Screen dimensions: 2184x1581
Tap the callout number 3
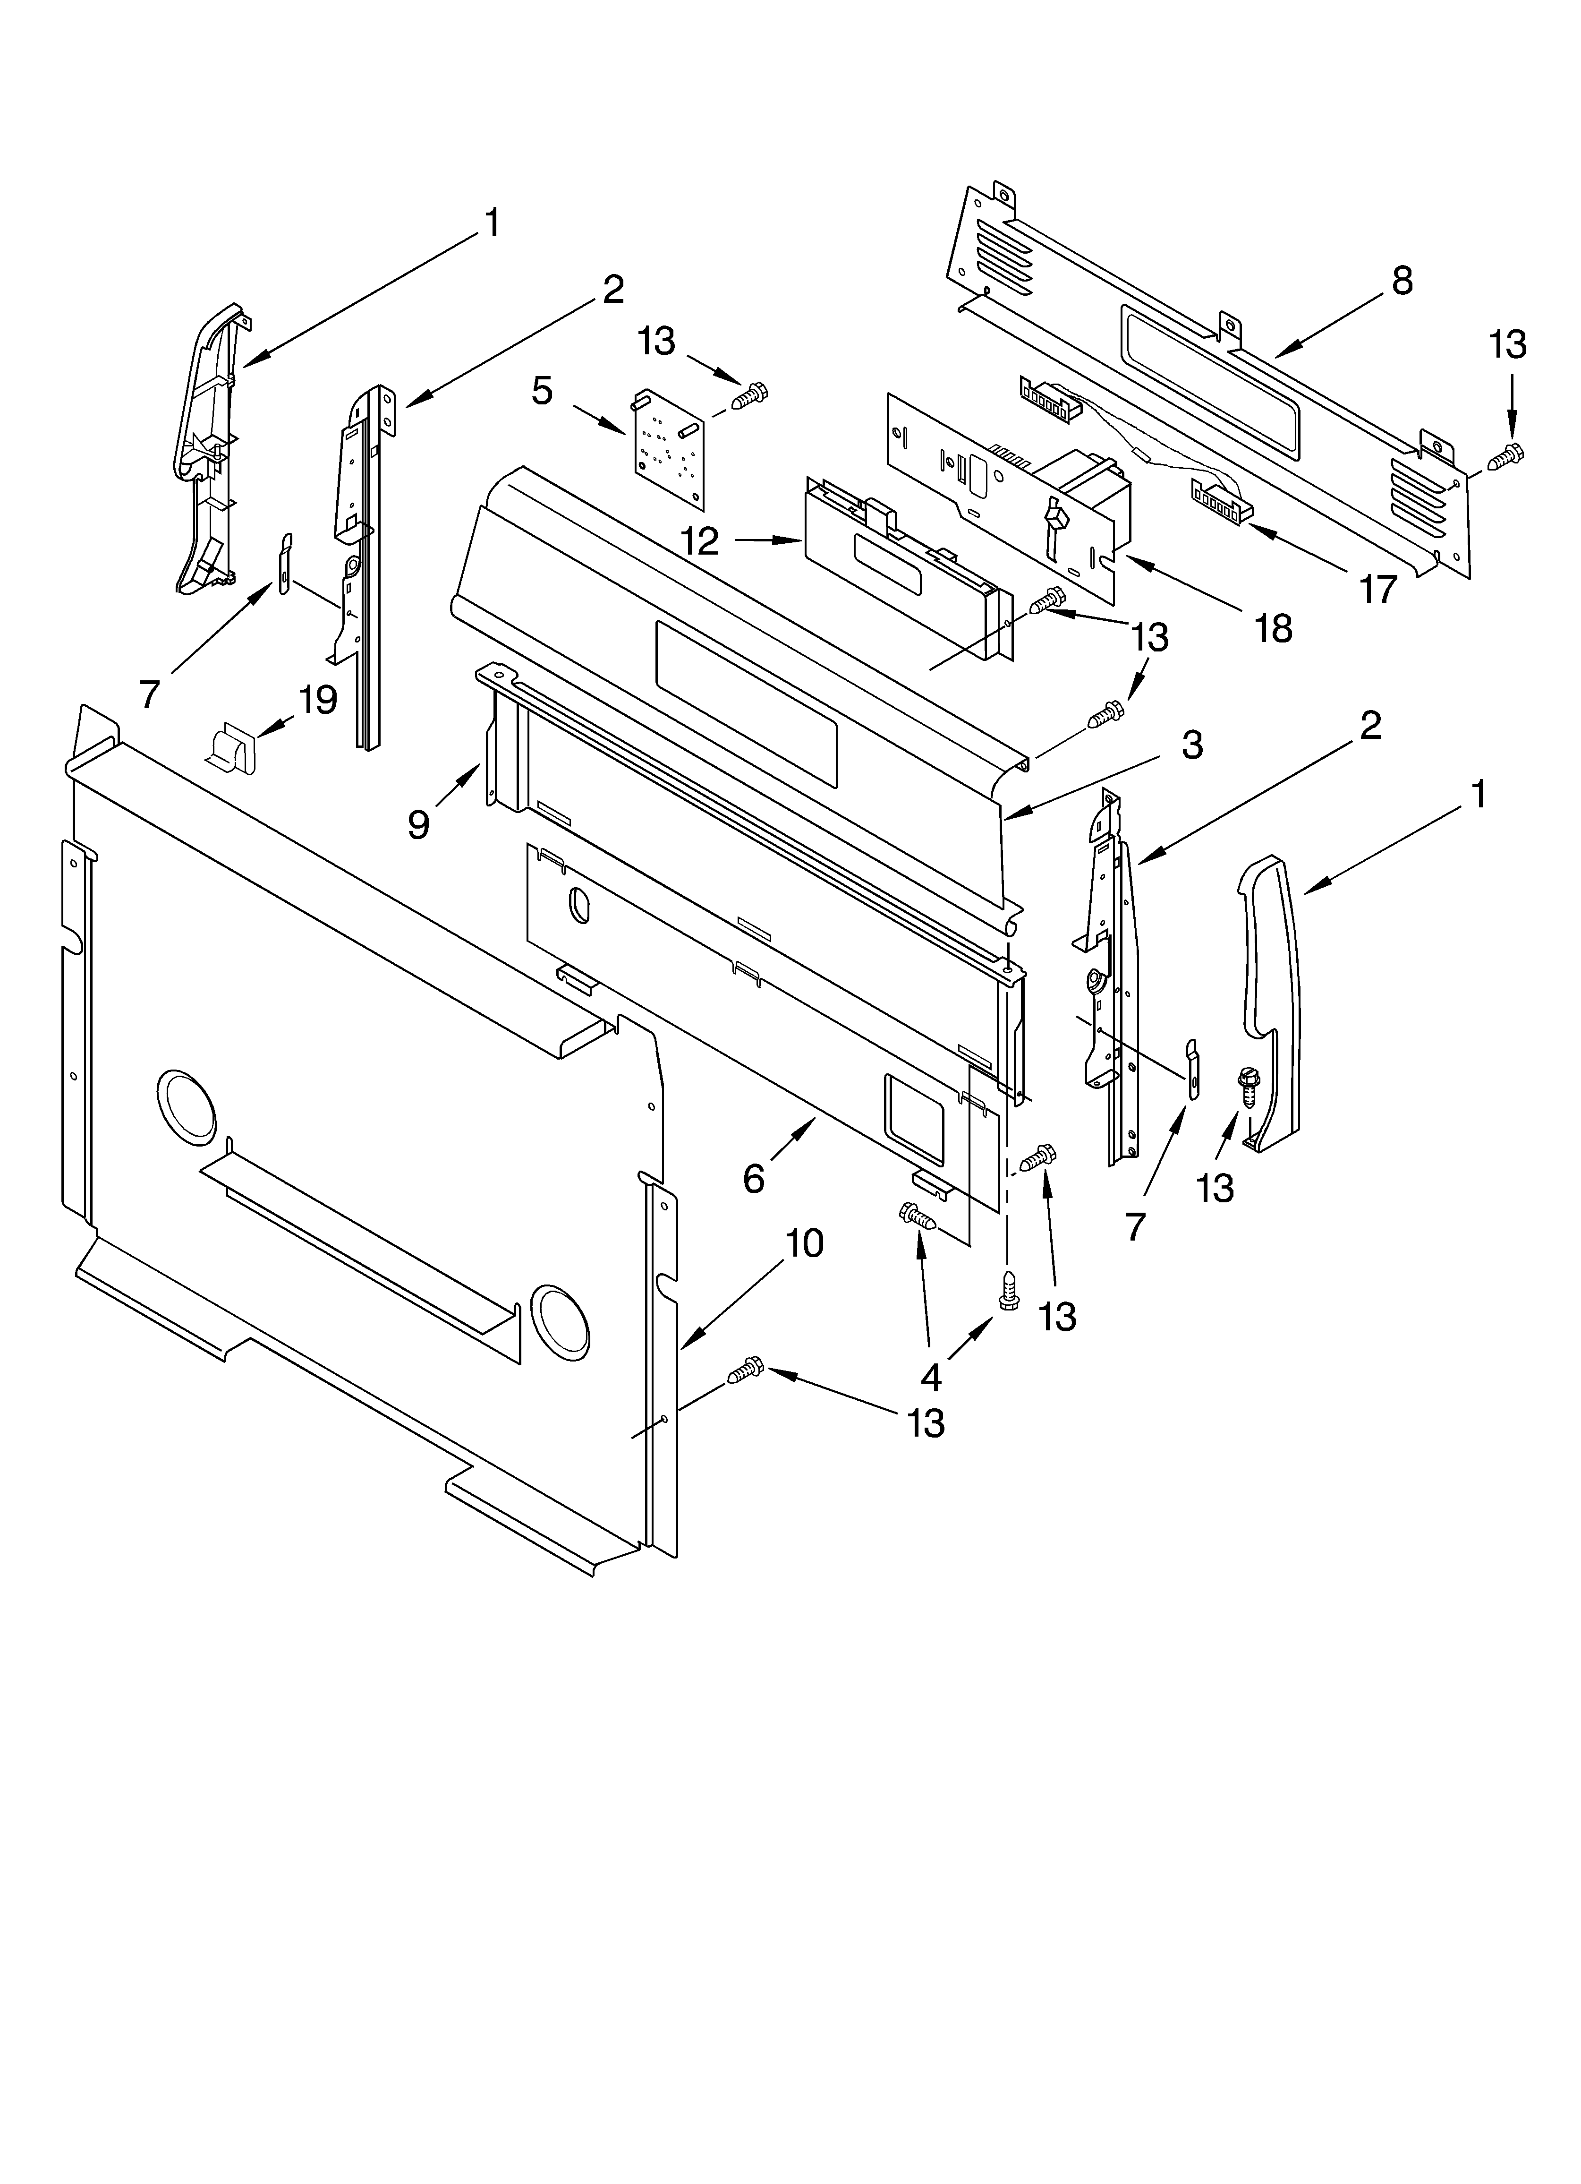[x=1192, y=745]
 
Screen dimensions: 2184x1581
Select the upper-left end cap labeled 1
[x=210, y=448]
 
